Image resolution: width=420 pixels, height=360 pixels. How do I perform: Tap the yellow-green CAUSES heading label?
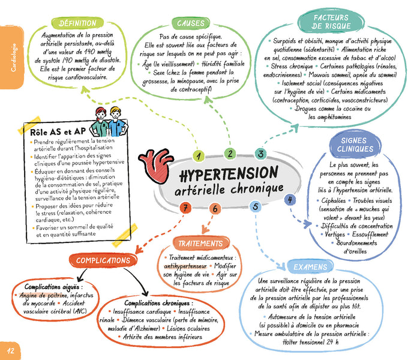tap(191, 23)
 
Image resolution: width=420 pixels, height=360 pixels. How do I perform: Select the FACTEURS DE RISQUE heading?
tap(331, 22)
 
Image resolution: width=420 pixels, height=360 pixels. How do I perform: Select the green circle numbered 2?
tap(229, 153)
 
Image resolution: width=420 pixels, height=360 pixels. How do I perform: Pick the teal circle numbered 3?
tap(260, 154)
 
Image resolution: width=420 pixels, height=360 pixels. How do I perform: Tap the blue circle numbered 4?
tap(290, 200)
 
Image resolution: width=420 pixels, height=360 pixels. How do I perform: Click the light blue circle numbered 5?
tap(256, 207)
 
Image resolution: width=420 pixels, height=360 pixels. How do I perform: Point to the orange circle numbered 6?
tap(215, 209)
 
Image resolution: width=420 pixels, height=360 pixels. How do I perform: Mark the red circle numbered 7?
tap(187, 208)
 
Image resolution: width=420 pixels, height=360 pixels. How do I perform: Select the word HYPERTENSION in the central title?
tap(229, 175)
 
